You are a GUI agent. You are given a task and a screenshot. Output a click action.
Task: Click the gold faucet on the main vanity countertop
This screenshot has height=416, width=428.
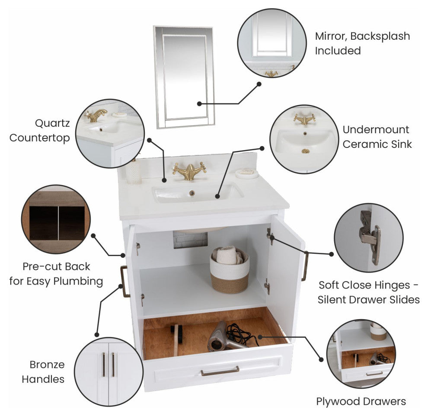[189, 171]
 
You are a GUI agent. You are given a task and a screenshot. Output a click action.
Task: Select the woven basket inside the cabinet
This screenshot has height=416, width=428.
[230, 270]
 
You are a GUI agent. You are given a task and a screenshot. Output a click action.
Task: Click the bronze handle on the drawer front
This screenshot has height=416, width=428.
[220, 371]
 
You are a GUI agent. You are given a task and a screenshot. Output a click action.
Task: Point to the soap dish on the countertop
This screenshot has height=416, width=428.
[247, 173]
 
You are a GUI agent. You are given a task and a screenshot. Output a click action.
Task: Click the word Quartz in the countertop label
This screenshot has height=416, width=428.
[52, 123]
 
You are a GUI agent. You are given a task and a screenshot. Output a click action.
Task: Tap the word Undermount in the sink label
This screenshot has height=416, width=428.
[376, 130]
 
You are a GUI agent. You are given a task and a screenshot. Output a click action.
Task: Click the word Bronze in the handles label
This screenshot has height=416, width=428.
[47, 365]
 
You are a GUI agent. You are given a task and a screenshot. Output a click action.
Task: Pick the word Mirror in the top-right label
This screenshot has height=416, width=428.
[331, 36]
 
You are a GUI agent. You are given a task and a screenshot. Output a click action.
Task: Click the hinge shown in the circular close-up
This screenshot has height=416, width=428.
[371, 237]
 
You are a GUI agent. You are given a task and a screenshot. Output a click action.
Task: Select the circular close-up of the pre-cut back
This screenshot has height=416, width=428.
[56, 219]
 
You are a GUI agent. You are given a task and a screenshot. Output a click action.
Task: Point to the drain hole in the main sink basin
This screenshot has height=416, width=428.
[192, 193]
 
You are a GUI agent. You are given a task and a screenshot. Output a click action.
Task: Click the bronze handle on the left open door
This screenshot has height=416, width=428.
[125, 282]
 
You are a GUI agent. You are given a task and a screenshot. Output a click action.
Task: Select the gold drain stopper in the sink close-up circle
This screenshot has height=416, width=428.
[306, 151]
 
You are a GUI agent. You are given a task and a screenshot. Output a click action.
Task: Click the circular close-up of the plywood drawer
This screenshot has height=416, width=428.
[361, 353]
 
